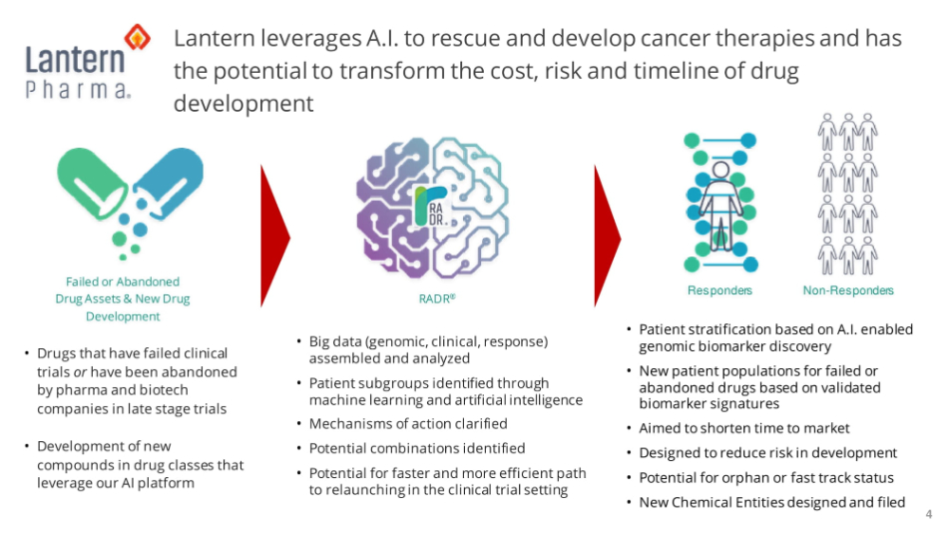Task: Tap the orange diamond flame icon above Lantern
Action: coord(138,38)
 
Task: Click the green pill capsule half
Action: coord(91,182)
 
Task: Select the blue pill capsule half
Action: coord(169,181)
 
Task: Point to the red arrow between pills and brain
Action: coord(275,236)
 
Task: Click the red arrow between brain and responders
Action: coord(608,236)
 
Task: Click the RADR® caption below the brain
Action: coord(437,298)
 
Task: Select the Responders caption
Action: coord(719,290)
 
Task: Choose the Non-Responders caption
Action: coord(848,290)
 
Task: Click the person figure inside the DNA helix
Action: coord(720,206)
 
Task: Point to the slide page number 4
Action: coord(929,514)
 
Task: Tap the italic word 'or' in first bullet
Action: coord(80,372)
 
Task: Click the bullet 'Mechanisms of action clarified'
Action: coord(408,423)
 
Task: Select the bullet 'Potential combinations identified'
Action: coord(417,448)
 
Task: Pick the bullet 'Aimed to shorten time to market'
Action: coord(744,428)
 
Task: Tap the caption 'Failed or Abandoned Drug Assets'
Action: coord(123,290)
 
